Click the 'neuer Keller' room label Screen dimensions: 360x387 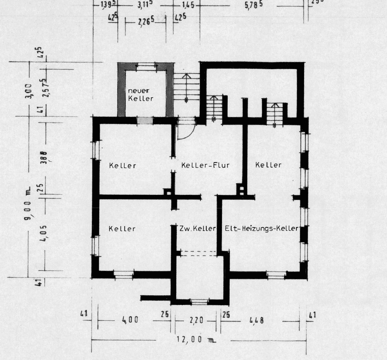pyautogui.click(x=140, y=94)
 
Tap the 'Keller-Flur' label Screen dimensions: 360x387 pyautogui.click(x=200, y=165)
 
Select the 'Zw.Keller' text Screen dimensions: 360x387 pyautogui.click(x=197, y=229)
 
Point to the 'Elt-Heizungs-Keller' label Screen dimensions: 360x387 pyautogui.click(x=262, y=229)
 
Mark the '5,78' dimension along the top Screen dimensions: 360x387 pyautogui.click(x=253, y=7)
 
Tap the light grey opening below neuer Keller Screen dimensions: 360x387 pyautogui.click(x=145, y=120)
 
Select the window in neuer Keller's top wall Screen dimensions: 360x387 pyautogui.click(x=147, y=66)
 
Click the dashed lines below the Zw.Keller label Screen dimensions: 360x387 pyautogui.click(x=198, y=254)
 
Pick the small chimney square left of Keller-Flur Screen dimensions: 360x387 pyautogui.click(x=167, y=191)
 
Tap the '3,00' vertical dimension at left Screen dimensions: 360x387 pyautogui.click(x=28, y=89)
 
